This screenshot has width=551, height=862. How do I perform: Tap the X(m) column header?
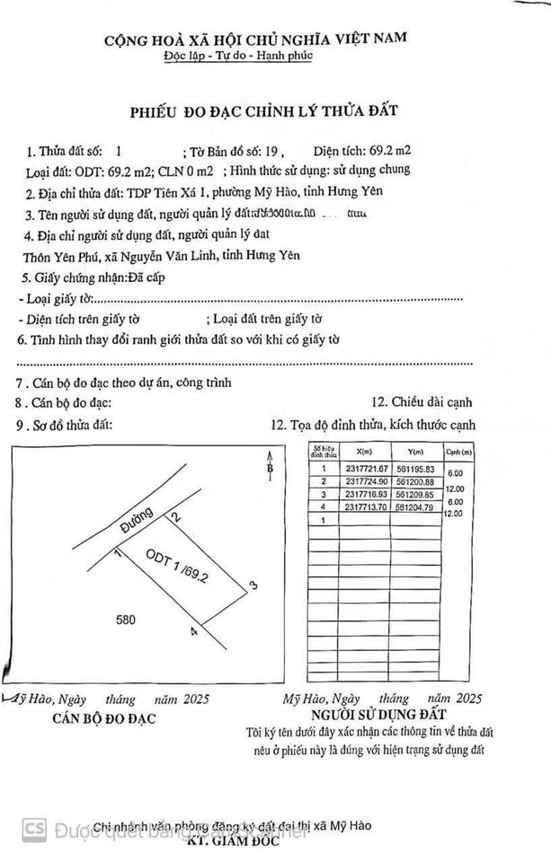click(x=364, y=452)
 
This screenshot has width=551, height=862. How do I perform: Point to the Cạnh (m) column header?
click(x=458, y=452)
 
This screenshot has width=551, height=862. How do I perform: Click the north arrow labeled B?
click(x=269, y=469)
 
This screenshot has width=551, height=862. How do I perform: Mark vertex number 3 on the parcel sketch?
click(x=253, y=585)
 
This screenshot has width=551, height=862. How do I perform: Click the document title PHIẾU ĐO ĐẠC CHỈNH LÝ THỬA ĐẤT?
click(x=265, y=111)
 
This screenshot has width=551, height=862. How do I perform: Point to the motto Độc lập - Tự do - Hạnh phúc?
click(x=255, y=57)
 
